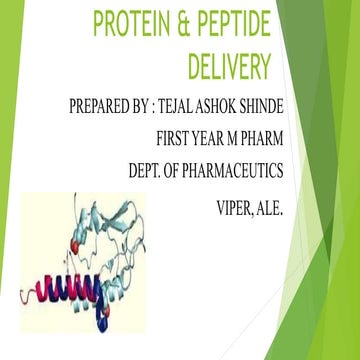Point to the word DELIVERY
click(x=230, y=66)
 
